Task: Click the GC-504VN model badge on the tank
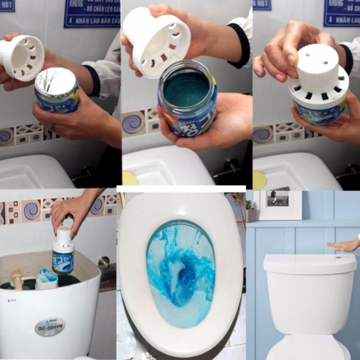[50, 327]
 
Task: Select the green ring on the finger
[53, 127]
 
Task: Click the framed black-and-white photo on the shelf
[278, 199]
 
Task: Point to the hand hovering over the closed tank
[343, 245]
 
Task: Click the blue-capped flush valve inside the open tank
[47, 280]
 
